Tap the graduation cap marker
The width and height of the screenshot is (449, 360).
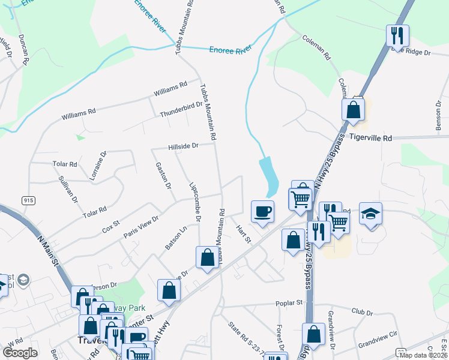tap(371, 213)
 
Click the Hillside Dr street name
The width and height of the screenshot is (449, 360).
tap(183, 146)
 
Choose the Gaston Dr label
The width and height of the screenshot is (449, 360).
tap(163, 175)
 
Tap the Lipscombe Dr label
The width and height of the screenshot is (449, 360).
tap(194, 202)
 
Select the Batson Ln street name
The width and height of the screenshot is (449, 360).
tap(176, 238)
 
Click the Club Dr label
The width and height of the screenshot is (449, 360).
tap(362, 313)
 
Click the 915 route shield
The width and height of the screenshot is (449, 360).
tap(28, 200)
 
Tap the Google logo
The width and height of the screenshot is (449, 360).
tap(20, 353)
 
